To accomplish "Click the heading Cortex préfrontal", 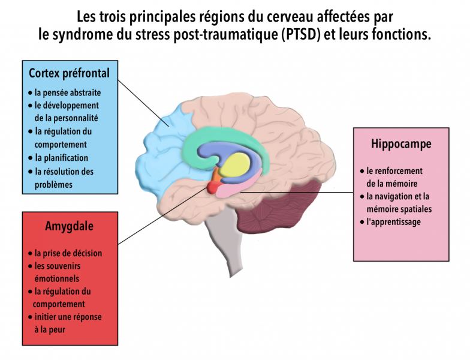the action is click(x=70, y=73).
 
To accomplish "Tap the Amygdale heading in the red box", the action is click(x=70, y=226).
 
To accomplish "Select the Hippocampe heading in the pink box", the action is click(x=401, y=144).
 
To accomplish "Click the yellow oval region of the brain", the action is click(x=234, y=165).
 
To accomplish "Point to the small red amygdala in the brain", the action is click(x=213, y=188).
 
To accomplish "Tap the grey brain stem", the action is click(x=227, y=240).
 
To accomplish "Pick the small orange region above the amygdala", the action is click(x=216, y=177).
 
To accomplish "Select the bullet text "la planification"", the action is click(x=61, y=158).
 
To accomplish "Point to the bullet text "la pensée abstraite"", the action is click(x=68, y=92).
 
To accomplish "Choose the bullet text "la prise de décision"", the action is click(x=68, y=253).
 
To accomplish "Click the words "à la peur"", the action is click(x=50, y=330).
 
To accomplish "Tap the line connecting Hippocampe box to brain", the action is click(x=297, y=192).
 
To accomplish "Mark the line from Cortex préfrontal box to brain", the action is click(x=143, y=103).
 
